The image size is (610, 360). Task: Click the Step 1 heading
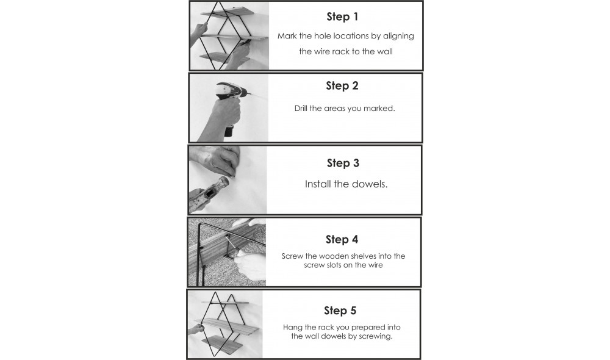[x=342, y=16]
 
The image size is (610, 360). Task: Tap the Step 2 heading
[x=342, y=85]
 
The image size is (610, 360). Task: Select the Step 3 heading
[x=343, y=163]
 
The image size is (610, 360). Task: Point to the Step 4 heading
[x=342, y=239]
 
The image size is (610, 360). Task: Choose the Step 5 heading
[x=340, y=311]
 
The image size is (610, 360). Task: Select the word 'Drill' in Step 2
[x=301, y=108]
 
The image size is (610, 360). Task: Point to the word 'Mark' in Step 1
[x=287, y=36]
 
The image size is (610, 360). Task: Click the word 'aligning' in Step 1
[x=398, y=36]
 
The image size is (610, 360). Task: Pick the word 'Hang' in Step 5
[x=292, y=328]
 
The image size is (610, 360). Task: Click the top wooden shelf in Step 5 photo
[x=225, y=303]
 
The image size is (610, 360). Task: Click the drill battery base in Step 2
[x=229, y=131]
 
